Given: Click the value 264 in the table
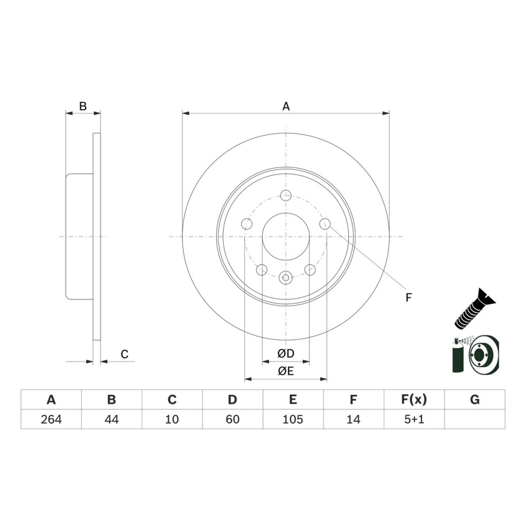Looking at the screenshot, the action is (51, 419).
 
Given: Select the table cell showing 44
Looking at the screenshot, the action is (112, 419).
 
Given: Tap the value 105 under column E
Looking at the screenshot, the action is (293, 419).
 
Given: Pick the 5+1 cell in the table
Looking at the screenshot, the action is (414, 419).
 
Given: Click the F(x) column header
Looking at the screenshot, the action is (414, 400).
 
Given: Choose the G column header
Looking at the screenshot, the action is (475, 400).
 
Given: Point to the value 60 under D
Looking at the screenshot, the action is (232, 419).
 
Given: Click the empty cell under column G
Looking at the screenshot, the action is (475, 419).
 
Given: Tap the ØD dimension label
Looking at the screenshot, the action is (286, 353).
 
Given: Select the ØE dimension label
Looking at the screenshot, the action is (286, 371).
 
